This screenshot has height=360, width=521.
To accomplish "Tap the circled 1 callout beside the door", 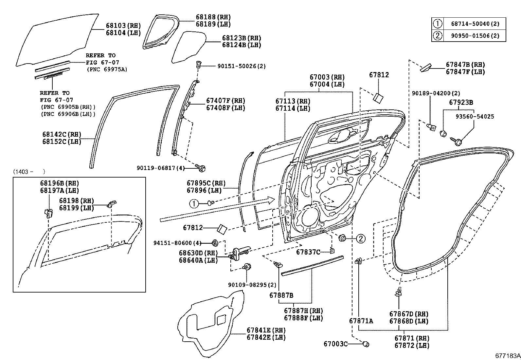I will [194, 204].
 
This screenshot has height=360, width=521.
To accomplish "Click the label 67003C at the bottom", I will [335, 344].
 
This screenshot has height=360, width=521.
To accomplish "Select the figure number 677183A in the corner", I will [507, 356].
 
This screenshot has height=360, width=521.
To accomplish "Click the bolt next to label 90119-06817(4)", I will [201, 168].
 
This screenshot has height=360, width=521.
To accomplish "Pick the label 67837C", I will [308, 252].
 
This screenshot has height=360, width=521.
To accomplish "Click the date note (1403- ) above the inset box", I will [29, 171].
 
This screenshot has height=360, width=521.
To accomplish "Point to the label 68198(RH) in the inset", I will [76, 200].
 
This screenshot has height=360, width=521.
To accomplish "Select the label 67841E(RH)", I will [266, 330].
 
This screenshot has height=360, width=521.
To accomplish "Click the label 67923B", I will [461, 103].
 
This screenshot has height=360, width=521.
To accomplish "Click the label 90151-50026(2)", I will [242, 66].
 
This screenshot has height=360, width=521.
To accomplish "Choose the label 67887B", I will [281, 295].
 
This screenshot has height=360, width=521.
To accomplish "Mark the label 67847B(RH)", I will [465, 65].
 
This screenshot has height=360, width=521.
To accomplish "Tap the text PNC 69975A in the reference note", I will [107, 69].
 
